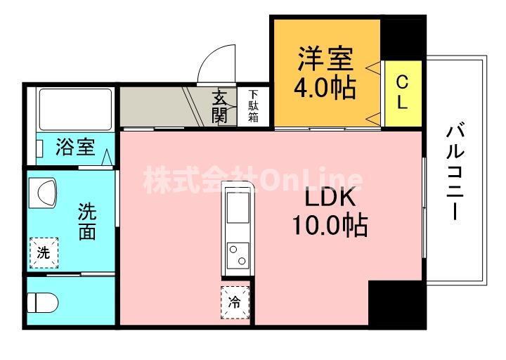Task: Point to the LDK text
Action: click(327, 199)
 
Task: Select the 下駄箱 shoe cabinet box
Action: click(252, 106)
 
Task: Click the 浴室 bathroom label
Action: click(75, 148)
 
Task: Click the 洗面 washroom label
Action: click(86, 221)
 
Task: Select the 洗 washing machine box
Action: click(43, 253)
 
